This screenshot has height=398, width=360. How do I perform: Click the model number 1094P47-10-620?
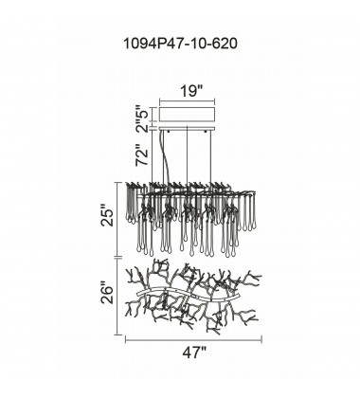click(x=180, y=44)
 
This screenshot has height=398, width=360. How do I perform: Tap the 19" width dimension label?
click(x=190, y=91)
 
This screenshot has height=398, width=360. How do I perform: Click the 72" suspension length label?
click(x=142, y=155)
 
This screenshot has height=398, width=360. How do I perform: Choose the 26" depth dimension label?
click(x=107, y=295)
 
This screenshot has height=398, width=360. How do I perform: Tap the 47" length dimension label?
click(x=194, y=352)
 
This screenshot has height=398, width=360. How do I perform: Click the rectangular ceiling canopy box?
click(x=188, y=114)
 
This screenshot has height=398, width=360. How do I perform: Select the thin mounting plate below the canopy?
click(x=188, y=128)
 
